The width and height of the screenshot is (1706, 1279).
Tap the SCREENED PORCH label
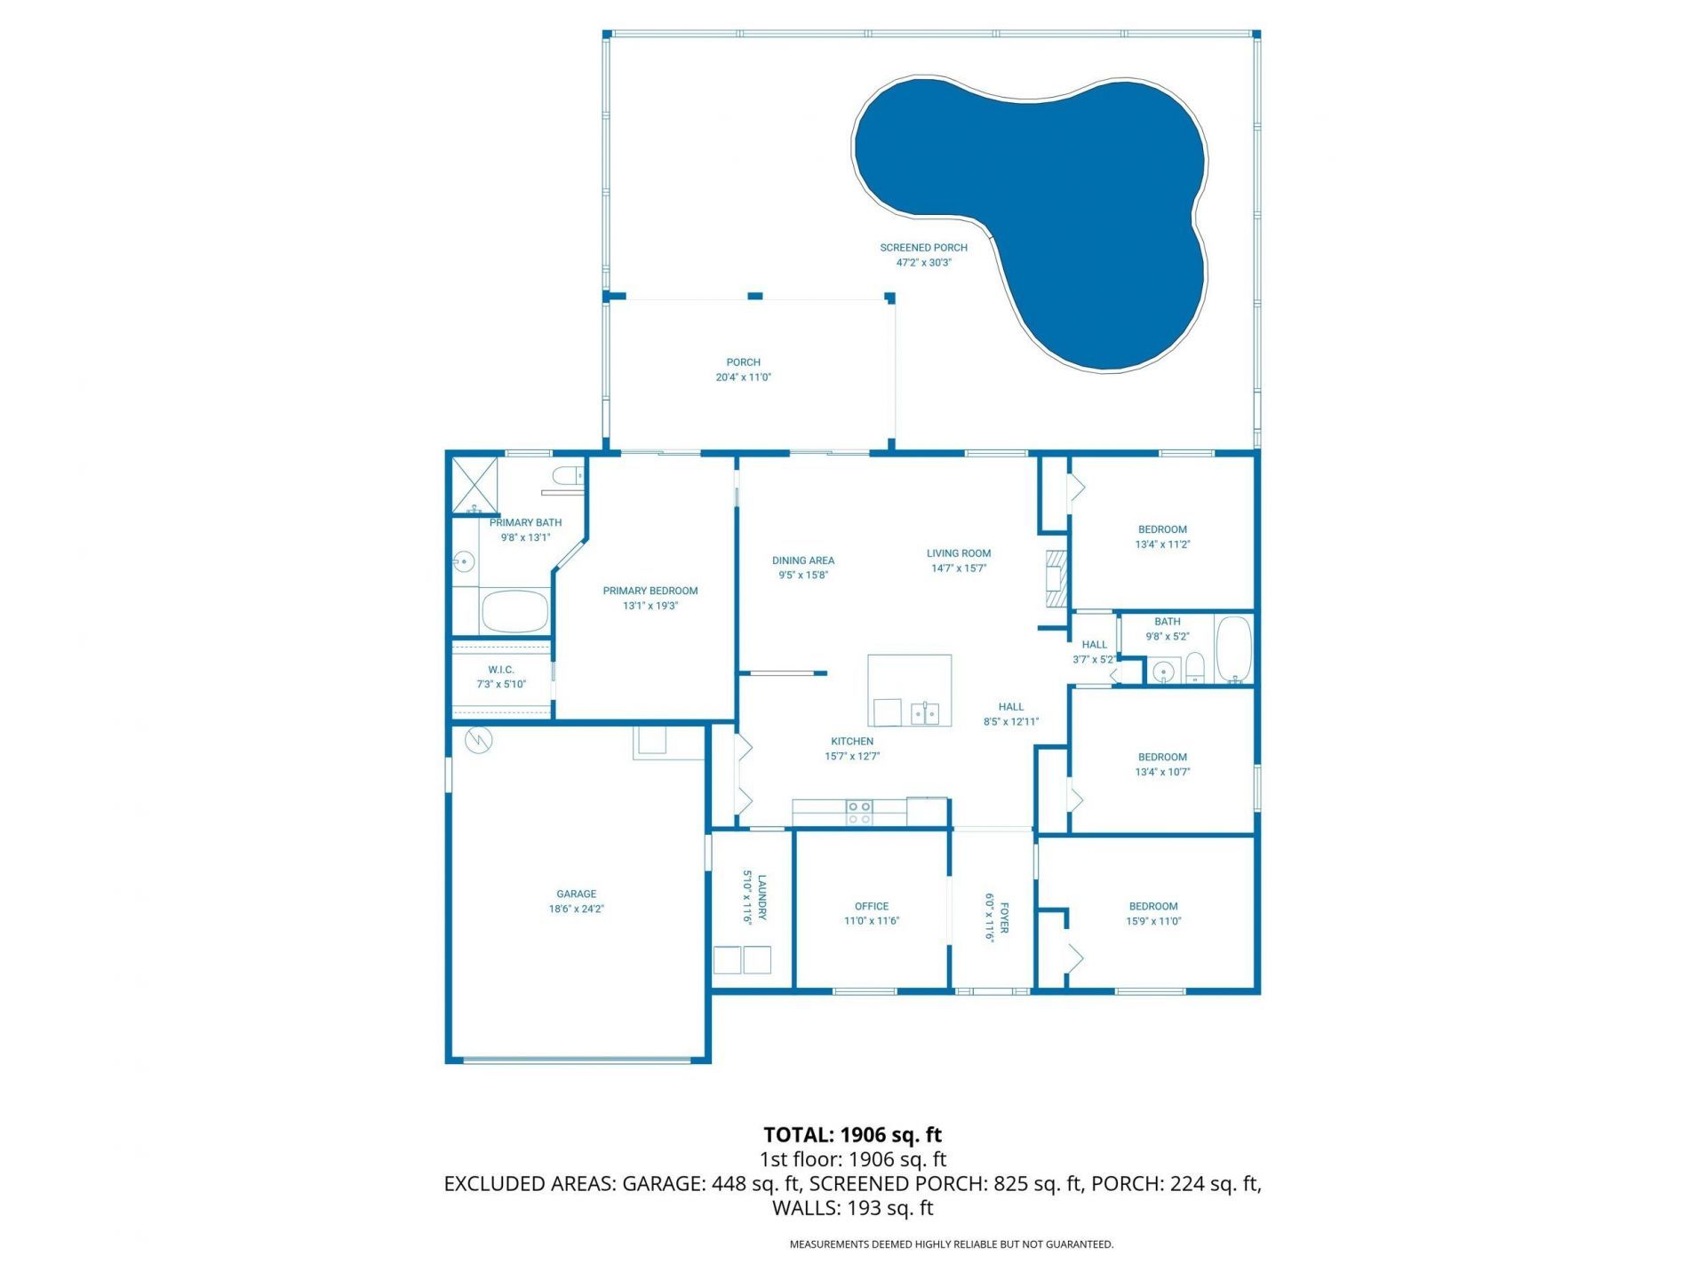click(x=923, y=255)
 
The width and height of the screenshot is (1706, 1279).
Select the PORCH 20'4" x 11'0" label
click(x=743, y=369)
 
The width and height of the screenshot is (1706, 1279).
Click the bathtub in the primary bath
click(x=514, y=611)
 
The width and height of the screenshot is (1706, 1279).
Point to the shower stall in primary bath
click(x=474, y=485)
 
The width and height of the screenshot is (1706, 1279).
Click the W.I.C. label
click(x=501, y=677)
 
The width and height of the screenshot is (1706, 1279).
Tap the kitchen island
click(x=909, y=690)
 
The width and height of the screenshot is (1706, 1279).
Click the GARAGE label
click(x=576, y=901)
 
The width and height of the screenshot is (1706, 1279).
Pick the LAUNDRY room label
click(x=753, y=899)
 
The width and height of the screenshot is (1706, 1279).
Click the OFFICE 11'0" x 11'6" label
click(x=872, y=913)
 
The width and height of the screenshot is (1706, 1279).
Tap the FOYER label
click(x=996, y=917)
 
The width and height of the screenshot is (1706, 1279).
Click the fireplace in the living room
click(x=1056, y=579)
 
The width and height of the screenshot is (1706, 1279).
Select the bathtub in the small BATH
click(x=1233, y=649)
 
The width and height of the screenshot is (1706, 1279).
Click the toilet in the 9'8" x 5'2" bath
click(x=1195, y=668)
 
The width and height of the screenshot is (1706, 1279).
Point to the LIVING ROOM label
click(x=958, y=560)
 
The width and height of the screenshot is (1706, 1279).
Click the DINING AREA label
click(x=803, y=567)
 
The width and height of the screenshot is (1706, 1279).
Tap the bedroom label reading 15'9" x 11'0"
click(x=1153, y=913)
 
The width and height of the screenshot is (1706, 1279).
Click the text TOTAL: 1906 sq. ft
click(x=852, y=1134)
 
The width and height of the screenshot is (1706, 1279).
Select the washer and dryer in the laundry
click(x=742, y=960)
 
